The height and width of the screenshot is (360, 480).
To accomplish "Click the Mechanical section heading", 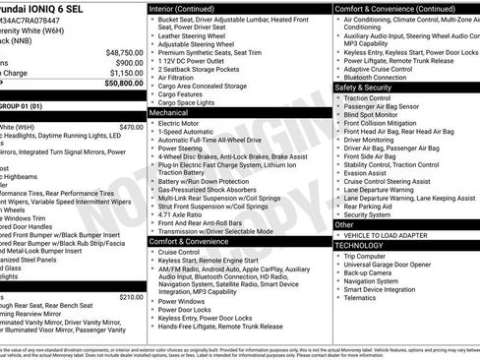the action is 170,113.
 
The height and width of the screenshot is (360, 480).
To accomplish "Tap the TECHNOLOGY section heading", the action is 365,245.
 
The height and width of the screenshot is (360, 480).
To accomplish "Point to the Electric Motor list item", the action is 181,124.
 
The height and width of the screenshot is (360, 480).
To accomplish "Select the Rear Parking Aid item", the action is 373,207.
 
